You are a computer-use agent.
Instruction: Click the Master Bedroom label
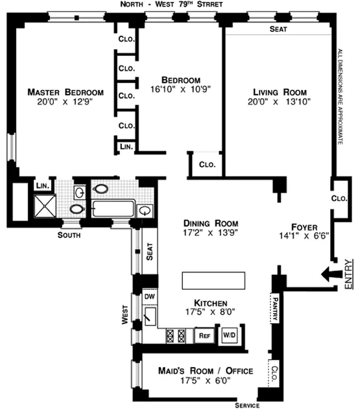pyautogui.click(x=66, y=92)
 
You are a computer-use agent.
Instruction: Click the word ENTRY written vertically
pyautogui.click(x=349, y=273)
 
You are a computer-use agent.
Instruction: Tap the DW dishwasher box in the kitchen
pyautogui.click(x=149, y=296)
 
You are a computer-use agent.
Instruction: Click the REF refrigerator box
pyautogui.click(x=204, y=335)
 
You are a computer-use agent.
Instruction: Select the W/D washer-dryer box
pyautogui.click(x=229, y=335)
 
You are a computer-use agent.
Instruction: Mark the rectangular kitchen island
pyautogui.click(x=215, y=281)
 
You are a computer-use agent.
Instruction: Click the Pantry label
pyautogui.click(x=274, y=307)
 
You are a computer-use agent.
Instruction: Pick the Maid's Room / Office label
pyautogui.click(x=205, y=371)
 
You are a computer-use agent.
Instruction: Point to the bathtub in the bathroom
pyautogui.click(x=113, y=209)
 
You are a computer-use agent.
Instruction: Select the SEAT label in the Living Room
pyautogui.click(x=278, y=29)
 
